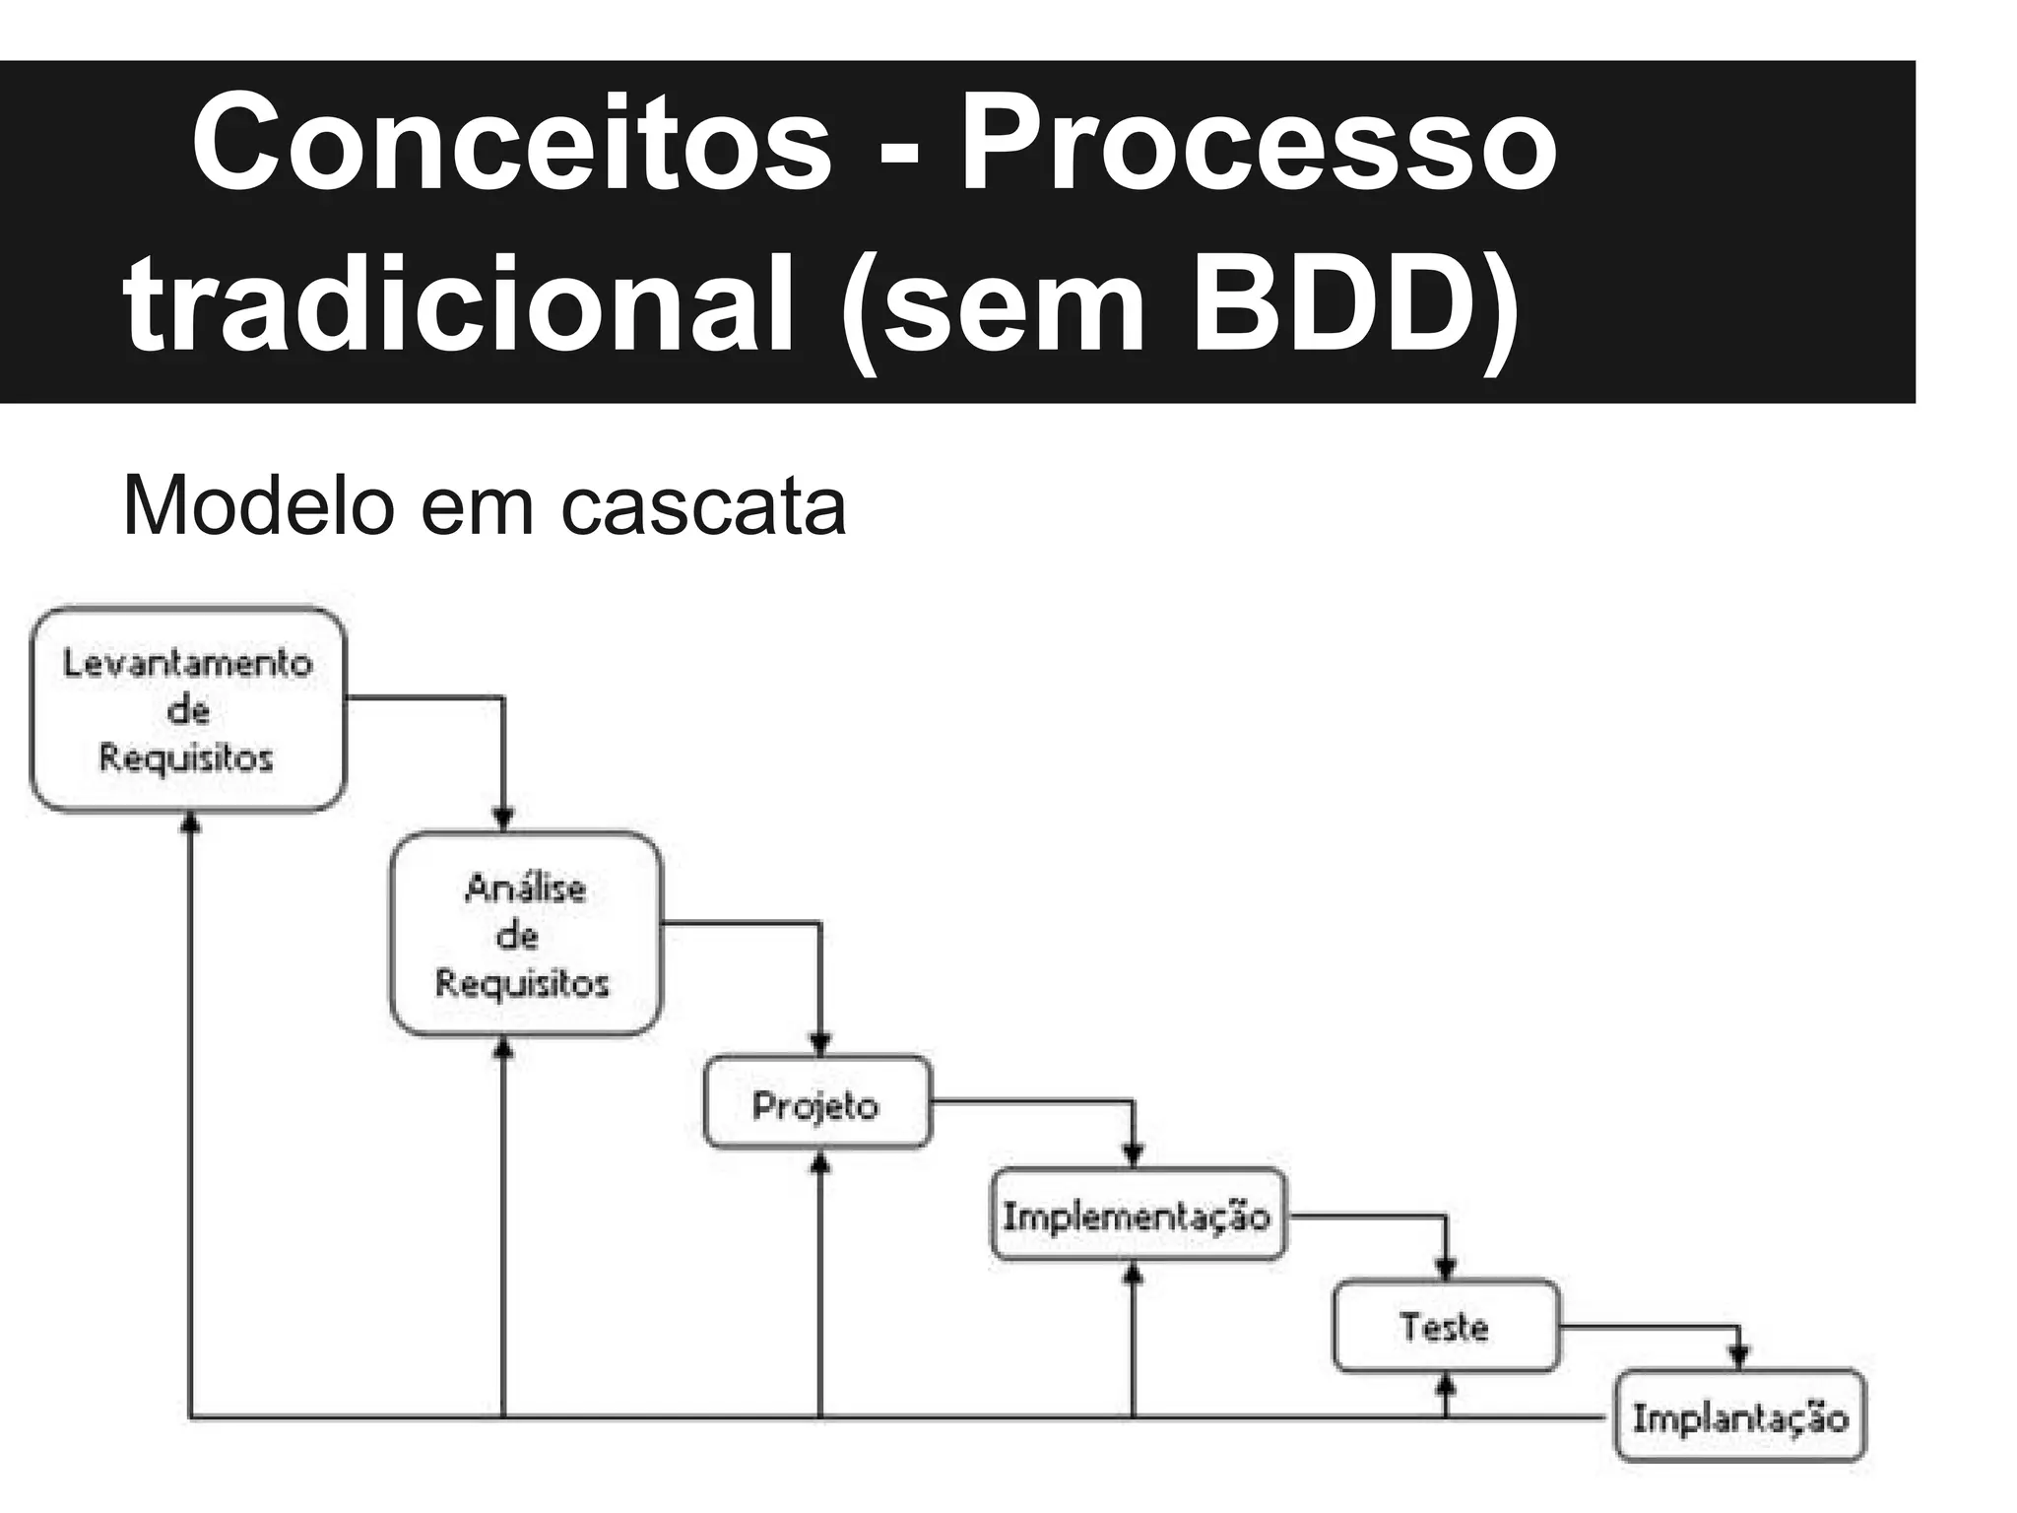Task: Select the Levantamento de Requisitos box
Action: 188,710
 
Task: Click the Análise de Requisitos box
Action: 526,934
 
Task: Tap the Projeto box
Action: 817,1102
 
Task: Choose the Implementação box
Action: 1138,1215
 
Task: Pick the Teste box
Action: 1446,1326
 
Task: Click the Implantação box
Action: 1740,1415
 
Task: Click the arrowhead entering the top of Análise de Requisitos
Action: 503,819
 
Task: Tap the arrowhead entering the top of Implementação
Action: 1133,1154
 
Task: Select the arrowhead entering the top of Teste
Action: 1446,1267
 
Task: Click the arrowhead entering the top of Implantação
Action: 1739,1358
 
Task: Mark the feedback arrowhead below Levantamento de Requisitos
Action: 190,822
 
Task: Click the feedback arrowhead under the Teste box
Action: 1446,1384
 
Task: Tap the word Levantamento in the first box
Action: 188,663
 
